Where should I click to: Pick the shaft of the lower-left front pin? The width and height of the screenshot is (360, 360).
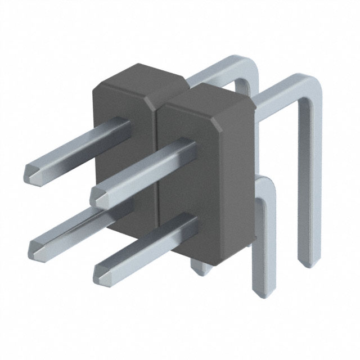click(x=79, y=225)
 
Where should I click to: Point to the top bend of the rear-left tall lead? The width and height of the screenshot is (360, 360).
click(x=247, y=65)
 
